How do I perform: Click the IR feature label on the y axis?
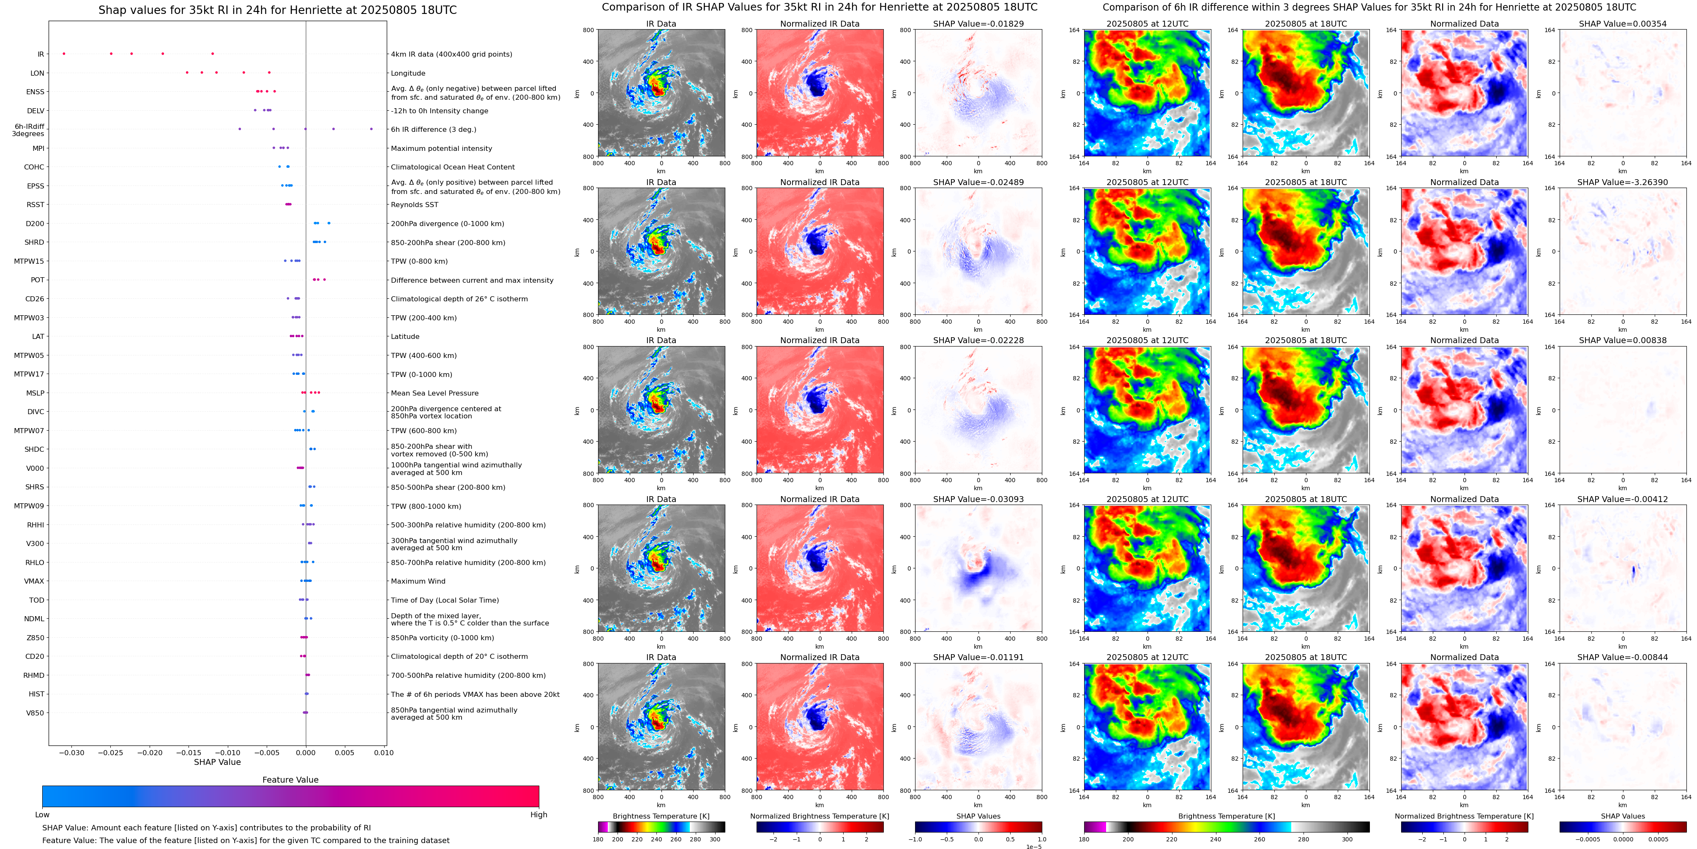click(x=41, y=55)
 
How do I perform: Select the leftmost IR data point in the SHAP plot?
click(x=64, y=53)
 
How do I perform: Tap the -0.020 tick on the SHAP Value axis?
click(x=150, y=752)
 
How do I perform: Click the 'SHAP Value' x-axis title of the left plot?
click(x=217, y=762)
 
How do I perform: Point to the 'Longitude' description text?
click(x=408, y=73)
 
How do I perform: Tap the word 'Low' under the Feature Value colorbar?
click(x=42, y=815)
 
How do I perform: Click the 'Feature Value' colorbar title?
click(x=290, y=780)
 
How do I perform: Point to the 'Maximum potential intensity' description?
click(x=441, y=149)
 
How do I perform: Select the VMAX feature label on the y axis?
click(x=34, y=581)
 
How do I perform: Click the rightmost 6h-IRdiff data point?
click(x=372, y=129)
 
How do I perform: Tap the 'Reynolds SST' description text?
click(x=414, y=205)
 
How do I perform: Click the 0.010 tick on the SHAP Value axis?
click(x=383, y=752)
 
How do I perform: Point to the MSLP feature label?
click(x=36, y=393)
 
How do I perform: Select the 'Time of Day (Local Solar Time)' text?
click(x=445, y=600)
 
